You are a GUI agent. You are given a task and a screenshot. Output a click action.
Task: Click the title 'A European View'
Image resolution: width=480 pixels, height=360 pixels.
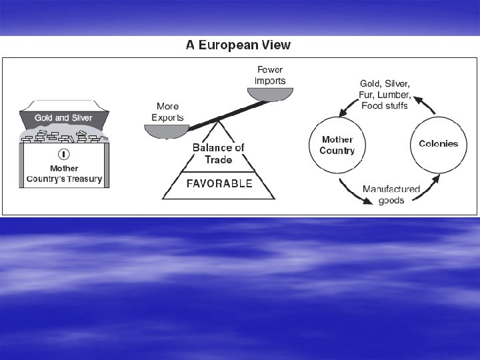click(x=237, y=45)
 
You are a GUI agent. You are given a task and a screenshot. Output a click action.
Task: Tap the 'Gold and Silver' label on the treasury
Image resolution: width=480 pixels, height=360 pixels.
click(x=63, y=118)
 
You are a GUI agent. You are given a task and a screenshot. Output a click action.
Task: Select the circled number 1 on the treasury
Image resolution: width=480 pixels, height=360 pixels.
click(x=65, y=154)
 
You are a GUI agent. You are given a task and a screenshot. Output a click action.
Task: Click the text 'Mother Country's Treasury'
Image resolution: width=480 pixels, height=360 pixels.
click(x=64, y=174)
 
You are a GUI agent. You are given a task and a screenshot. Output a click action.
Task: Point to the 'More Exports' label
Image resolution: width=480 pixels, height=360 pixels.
click(x=167, y=111)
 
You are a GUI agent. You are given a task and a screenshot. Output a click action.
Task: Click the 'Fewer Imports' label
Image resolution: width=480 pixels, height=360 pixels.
click(x=271, y=75)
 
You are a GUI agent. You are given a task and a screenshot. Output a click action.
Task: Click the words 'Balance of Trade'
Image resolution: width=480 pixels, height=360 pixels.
click(x=218, y=153)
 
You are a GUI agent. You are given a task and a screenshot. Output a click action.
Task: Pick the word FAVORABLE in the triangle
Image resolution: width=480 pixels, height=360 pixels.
click(x=219, y=183)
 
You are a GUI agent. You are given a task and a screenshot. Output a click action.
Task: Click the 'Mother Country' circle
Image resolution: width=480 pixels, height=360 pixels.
click(x=337, y=145)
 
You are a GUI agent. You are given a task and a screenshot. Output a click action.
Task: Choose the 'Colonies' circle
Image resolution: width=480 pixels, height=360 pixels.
click(x=438, y=144)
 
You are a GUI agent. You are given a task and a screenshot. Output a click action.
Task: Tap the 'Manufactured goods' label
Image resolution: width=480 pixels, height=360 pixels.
click(x=391, y=195)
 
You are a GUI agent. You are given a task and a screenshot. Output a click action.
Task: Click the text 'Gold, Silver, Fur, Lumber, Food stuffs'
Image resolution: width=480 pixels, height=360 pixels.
click(x=385, y=95)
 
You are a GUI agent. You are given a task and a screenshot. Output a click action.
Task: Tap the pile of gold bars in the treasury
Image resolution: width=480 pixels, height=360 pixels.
click(x=63, y=137)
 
